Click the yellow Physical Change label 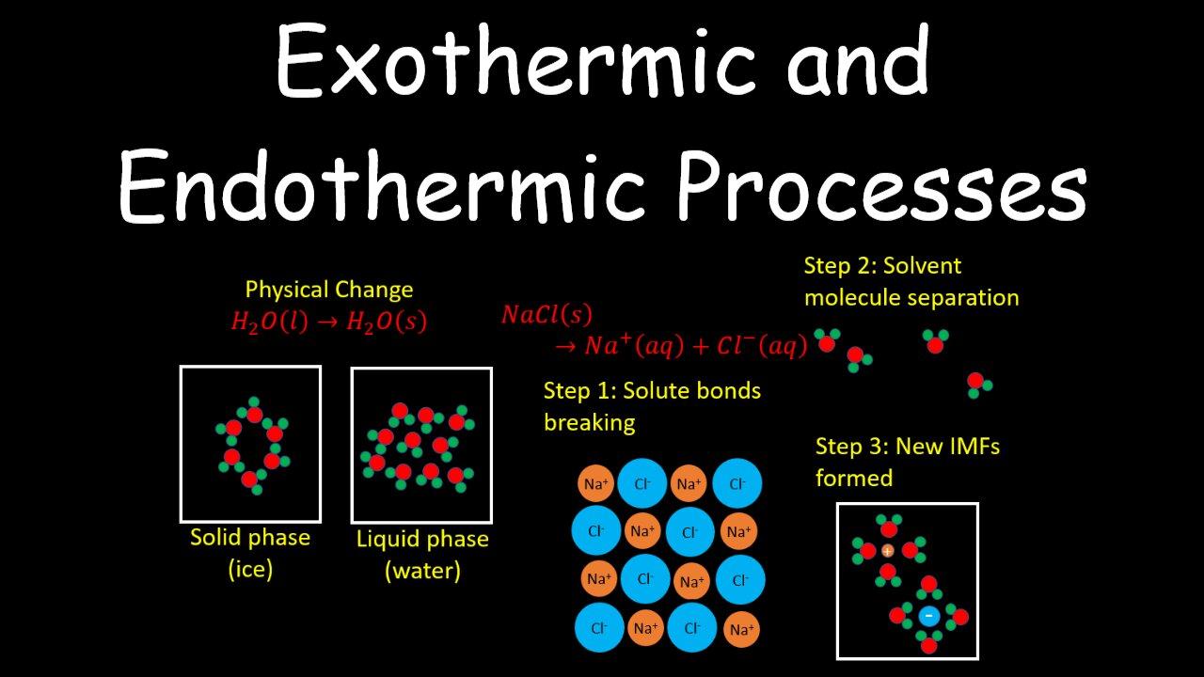pos(328,290)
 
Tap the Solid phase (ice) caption pos(249,553)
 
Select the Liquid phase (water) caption pos(422,555)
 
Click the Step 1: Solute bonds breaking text pos(652,406)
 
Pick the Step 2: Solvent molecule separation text pos(911,281)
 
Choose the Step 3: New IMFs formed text pos(907,462)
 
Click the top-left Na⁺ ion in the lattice pos(596,485)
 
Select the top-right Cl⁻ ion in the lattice pos(737,484)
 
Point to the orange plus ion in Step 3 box pos(887,551)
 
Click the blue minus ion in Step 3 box pos(928,616)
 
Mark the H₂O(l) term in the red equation pos(269,322)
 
